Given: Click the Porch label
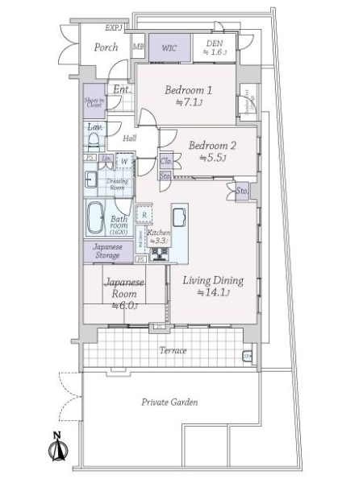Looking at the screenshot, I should coord(106,47).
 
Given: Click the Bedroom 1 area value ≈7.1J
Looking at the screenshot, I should coord(188,102).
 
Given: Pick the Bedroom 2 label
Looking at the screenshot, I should coord(212,146).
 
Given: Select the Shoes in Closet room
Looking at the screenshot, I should coord(94,101).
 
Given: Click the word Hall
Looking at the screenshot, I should coord(129,138).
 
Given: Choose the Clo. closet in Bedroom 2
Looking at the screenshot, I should coord(165,161).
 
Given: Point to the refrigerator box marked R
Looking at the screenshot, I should coord(144,214).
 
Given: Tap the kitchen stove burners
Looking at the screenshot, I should coord(158,256).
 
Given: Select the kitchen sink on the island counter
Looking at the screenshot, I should coord(179,217).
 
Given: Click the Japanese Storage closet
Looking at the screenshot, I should coord(107,251).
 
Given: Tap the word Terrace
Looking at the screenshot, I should coord(173,351).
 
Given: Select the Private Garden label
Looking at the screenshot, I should coord(169,402).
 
